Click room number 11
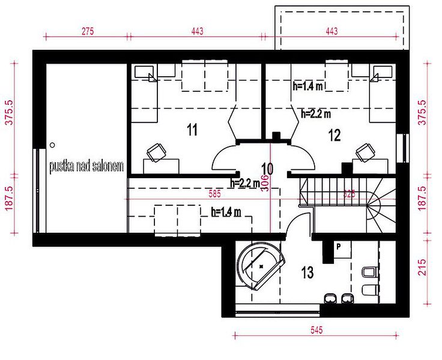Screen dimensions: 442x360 [192, 130]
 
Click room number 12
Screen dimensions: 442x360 [335, 135]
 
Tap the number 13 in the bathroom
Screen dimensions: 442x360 [307, 272]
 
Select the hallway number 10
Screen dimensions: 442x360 [267, 169]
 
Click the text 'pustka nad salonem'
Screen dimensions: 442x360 [86, 166]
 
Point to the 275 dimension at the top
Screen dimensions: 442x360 [88, 31]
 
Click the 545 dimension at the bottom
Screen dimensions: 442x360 [316, 330]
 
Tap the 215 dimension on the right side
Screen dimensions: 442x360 [422, 268]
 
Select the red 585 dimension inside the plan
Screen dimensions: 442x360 [214, 194]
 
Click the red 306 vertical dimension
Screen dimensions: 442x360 [265, 184]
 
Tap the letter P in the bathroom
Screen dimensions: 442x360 [339, 247]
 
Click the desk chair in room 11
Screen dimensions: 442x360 [156, 152]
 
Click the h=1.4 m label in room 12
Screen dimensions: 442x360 [307, 86]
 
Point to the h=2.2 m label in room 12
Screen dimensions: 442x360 [316, 113]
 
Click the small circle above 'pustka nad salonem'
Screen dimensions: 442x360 [52, 145]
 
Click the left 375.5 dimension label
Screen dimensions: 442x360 [10, 112]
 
